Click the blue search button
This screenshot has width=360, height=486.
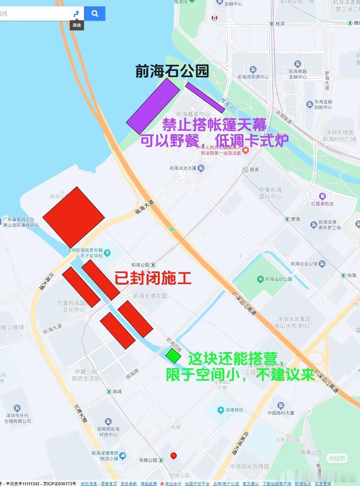click(94, 13)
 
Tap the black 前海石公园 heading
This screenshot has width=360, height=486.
click(172, 71)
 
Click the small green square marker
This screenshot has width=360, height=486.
click(173, 355)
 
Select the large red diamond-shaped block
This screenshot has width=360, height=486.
click(73, 217)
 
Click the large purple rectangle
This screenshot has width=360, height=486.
click(153, 106)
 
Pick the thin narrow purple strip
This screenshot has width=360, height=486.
click(205, 97)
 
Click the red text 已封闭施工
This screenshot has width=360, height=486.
click(153, 278)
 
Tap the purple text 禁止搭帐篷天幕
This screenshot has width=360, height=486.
click(214, 124)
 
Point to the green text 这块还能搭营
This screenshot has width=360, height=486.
click(233, 358)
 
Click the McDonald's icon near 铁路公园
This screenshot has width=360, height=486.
click(173, 456)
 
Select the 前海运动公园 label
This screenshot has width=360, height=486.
click(278, 279)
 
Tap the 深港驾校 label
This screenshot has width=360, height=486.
click(234, 410)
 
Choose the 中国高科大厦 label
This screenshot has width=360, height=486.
click(281, 412)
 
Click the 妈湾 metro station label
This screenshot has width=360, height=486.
click(117, 391)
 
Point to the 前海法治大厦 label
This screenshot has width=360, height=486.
click(183, 168)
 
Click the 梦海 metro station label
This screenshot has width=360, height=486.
click(295, 219)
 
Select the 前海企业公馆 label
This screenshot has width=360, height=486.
click(304, 264)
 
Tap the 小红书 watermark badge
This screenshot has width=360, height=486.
click(337, 458)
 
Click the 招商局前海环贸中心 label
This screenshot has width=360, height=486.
click(108, 432)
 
